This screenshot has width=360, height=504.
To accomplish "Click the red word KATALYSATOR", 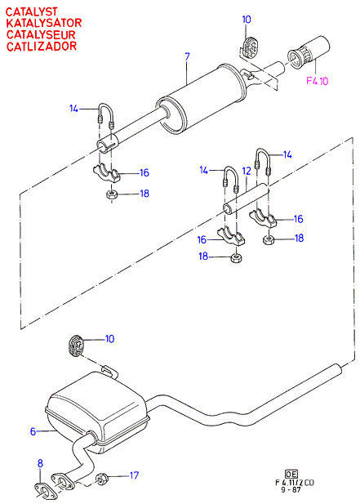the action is (44, 23).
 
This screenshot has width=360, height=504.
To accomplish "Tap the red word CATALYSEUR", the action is (41, 34).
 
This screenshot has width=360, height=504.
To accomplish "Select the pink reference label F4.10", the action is (318, 81).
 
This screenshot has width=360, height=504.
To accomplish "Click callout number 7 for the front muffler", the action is (187, 57).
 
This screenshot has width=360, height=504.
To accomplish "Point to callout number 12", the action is (247, 171).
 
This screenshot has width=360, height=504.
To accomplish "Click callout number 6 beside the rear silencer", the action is (33, 431).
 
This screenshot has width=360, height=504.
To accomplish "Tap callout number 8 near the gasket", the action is (40, 463).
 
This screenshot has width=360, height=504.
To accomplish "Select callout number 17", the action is (134, 475).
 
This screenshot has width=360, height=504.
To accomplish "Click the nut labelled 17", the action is (101, 479).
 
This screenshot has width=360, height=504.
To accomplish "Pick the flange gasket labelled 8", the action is (42, 490).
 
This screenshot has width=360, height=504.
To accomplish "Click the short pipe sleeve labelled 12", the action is (246, 198).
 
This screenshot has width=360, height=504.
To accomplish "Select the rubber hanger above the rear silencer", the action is (76, 346).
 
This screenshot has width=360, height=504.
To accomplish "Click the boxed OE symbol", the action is (291, 474).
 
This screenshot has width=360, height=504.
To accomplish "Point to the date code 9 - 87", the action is (291, 490).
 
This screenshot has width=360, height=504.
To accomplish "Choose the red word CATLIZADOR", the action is (42, 47).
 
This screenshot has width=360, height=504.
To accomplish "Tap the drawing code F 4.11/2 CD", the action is (295, 483).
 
